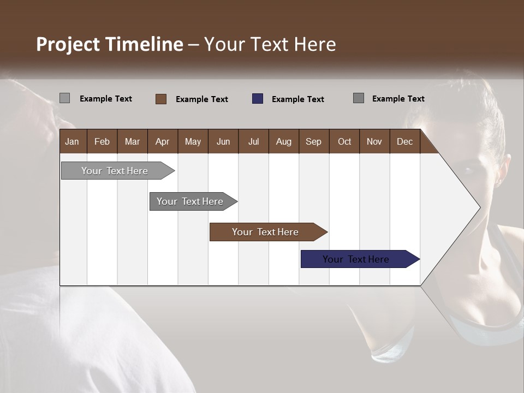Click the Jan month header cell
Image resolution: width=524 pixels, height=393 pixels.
coord(72,141)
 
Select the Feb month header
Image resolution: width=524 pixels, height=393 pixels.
coord(102,141)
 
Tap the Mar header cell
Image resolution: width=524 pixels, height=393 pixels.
coord(132,141)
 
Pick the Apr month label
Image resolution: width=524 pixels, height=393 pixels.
coord(162,141)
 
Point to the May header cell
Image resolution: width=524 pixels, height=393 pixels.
coord(193,141)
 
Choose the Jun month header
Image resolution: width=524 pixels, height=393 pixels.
coord(223,141)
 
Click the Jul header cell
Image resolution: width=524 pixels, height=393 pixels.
coord(253,141)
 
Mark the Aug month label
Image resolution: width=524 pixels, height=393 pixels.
coord(283,141)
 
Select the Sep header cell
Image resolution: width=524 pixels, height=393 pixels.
coord(313,141)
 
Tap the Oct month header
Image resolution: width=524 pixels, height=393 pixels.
coord(344,141)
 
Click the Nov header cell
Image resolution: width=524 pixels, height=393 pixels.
coord(374,141)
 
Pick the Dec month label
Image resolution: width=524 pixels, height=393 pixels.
coord(404,141)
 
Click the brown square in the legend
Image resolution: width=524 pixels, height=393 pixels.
coord(161,99)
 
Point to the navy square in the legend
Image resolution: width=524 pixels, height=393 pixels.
coord(258,99)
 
